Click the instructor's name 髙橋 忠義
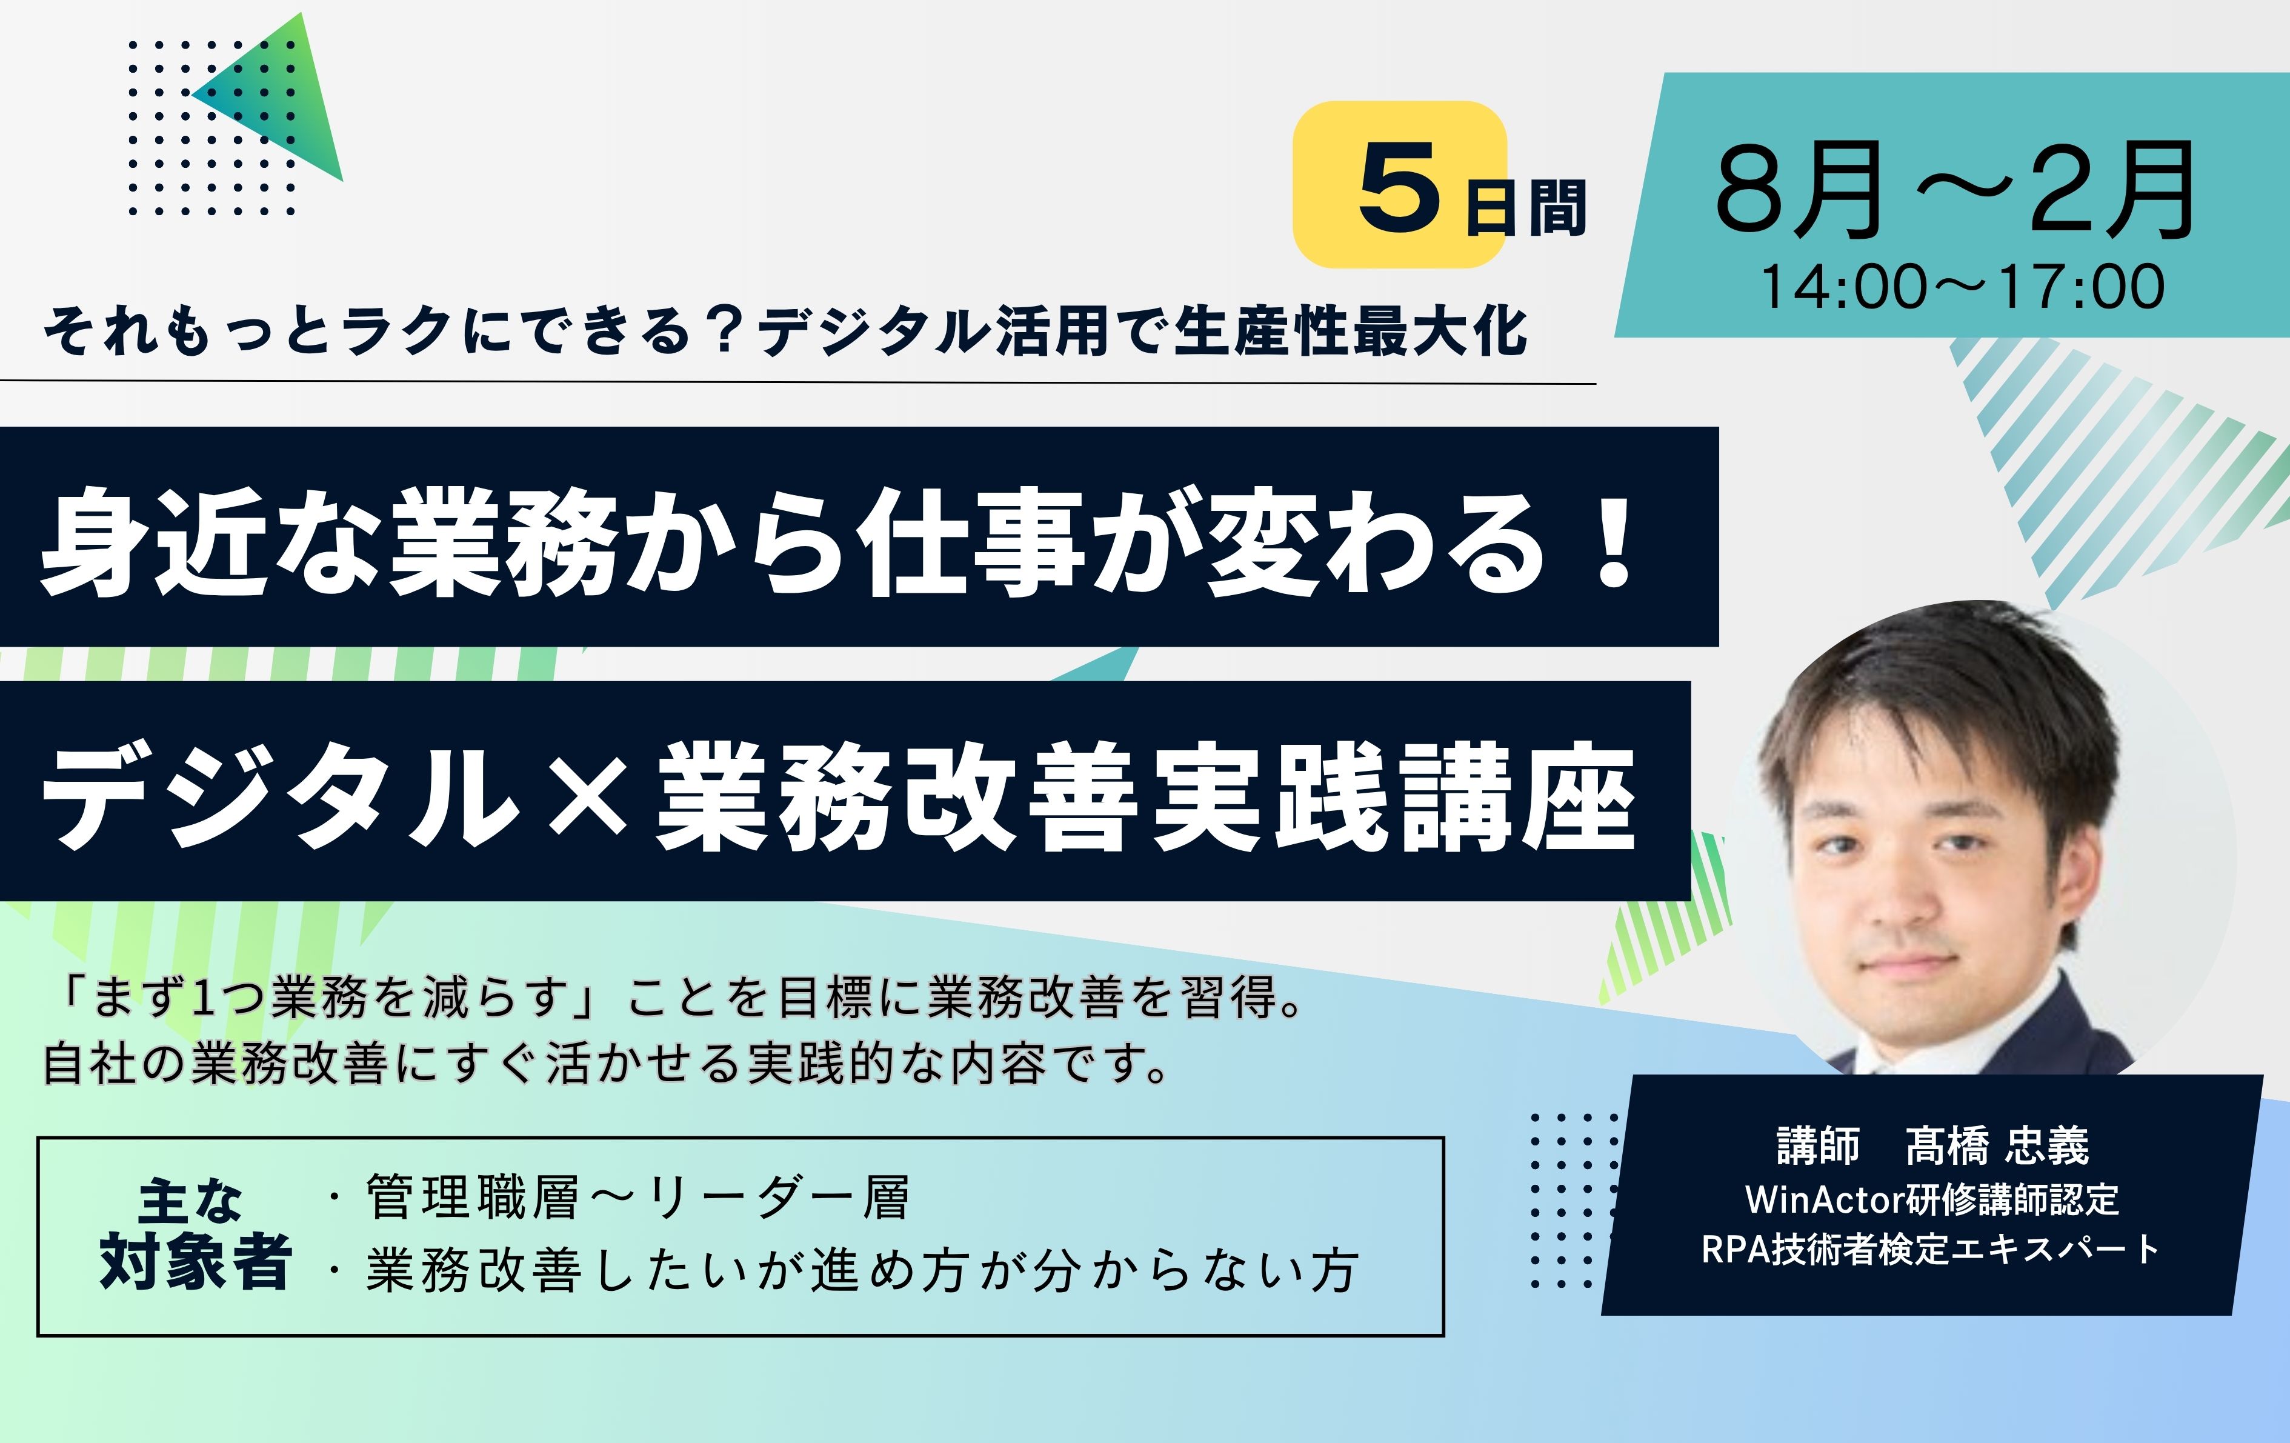tap(1997, 1145)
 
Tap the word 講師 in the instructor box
tap(1819, 1145)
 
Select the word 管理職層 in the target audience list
tap(471, 1198)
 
